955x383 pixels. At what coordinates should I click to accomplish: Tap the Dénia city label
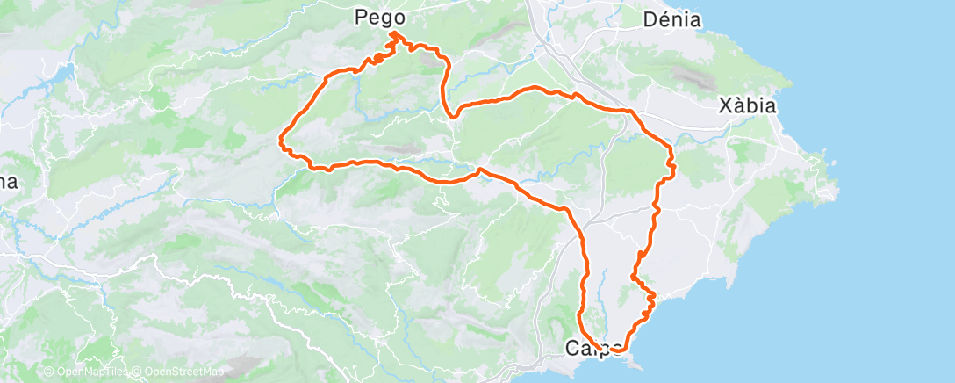point(671,18)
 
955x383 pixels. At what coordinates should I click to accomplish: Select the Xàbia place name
point(746,106)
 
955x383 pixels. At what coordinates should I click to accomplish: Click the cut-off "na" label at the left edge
point(8,182)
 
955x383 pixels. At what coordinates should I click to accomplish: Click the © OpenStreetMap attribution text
point(178,372)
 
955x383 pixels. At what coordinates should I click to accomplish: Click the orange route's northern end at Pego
point(393,33)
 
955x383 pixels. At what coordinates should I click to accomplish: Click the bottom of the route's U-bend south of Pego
point(451,115)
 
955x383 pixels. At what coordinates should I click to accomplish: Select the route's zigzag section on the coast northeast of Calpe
point(648,300)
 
